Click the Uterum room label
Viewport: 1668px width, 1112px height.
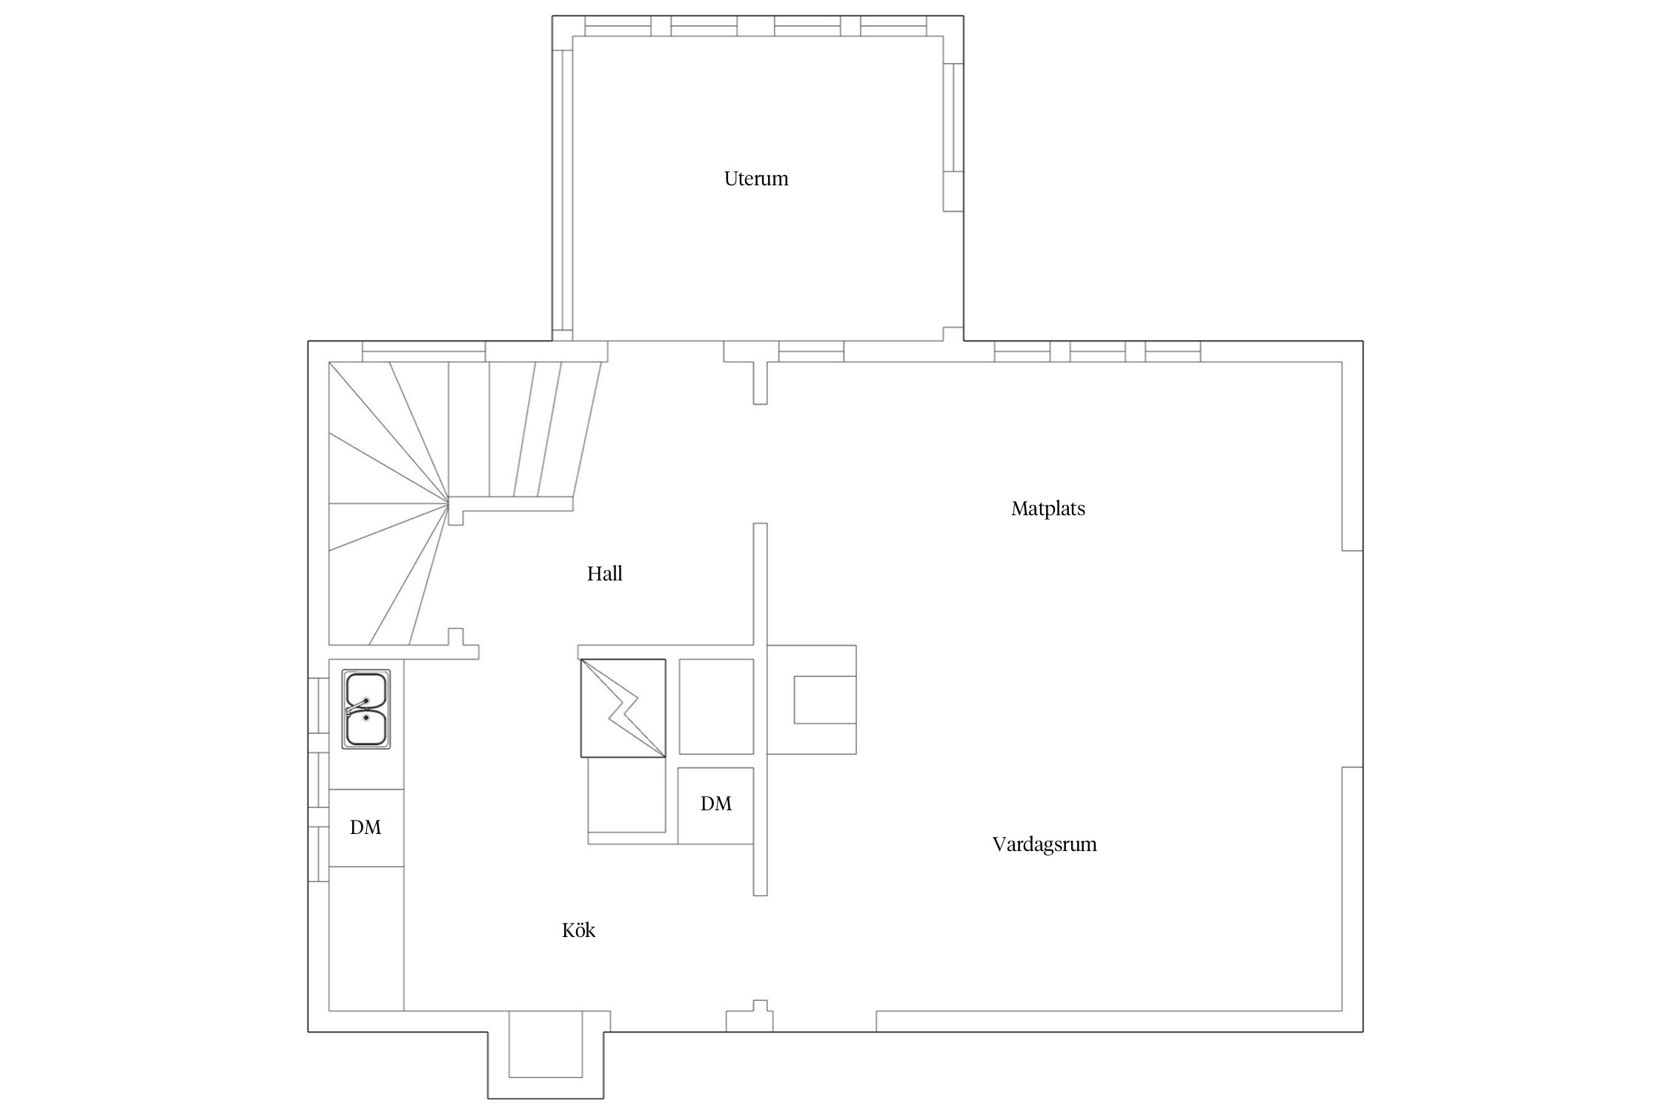point(756,179)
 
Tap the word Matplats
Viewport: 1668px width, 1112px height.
point(1048,509)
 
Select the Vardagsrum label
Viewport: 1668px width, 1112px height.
point(1045,844)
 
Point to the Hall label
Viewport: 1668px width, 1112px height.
point(605,574)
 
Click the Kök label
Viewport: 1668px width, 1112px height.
point(578,930)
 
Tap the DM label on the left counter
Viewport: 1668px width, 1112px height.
point(365,827)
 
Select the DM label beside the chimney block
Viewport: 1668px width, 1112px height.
point(716,804)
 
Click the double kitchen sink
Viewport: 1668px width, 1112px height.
point(366,709)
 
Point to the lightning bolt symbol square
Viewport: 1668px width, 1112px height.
point(623,708)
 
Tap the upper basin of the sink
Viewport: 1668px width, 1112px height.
point(366,690)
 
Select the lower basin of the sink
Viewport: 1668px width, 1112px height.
point(366,728)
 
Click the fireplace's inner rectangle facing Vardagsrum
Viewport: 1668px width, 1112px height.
point(825,699)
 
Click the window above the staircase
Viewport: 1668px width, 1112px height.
point(423,351)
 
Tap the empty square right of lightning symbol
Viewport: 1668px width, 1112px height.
point(716,706)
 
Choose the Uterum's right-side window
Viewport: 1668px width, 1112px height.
point(953,137)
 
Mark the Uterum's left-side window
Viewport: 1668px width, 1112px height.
point(563,190)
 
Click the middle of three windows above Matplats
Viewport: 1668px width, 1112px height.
point(1097,351)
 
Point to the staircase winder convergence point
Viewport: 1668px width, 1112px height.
point(449,503)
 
